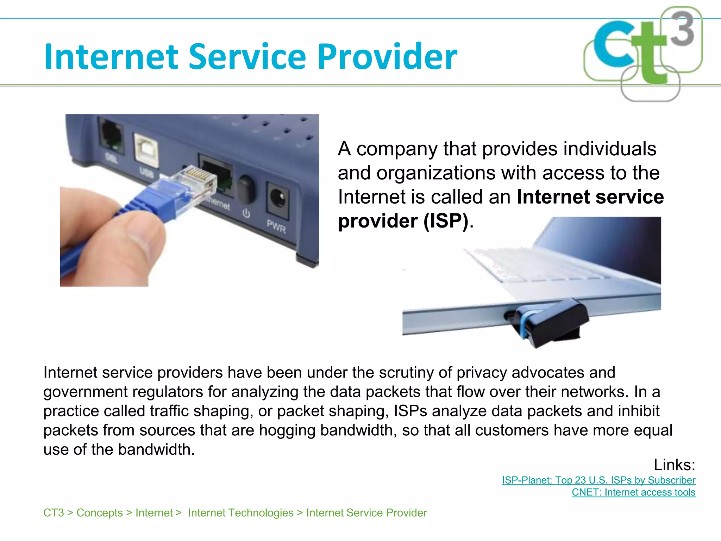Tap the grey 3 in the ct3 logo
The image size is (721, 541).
[682, 29]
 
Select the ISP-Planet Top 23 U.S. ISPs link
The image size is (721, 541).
[598, 480]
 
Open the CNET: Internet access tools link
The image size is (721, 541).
[633, 492]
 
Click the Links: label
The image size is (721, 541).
[674, 465]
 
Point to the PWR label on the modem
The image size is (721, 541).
[276, 226]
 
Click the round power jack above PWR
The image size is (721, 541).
[278, 199]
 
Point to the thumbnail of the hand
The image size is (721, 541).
[116, 243]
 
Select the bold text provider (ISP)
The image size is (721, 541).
[403, 221]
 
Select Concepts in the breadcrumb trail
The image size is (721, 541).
[100, 513]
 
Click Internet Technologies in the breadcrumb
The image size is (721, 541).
[241, 513]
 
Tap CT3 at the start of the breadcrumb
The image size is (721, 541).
[54, 513]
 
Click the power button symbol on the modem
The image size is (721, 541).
[246, 213]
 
